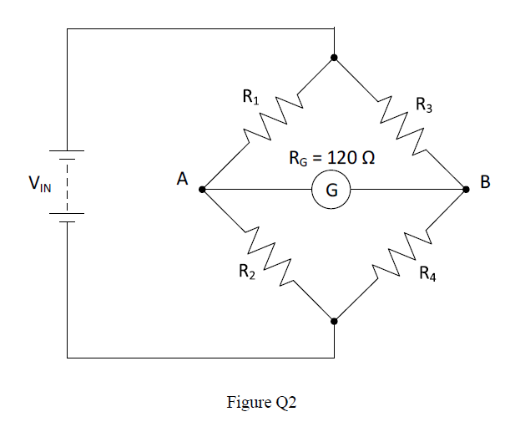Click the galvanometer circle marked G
click(331, 191)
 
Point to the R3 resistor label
click(424, 105)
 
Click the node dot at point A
click(203, 190)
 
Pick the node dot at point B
click(466, 190)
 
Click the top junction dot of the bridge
click(334, 58)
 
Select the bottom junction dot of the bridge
click(334, 321)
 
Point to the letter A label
click(181, 178)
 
